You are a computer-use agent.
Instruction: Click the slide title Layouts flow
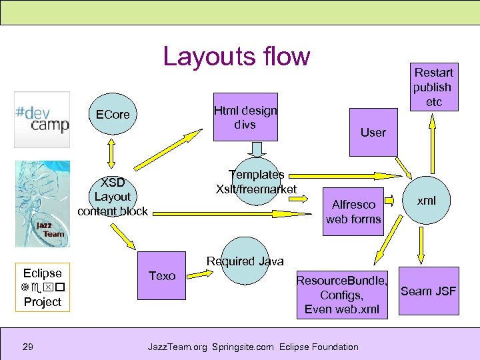[x=237, y=57]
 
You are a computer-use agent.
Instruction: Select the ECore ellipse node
[x=113, y=115]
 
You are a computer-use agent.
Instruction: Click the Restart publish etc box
[x=433, y=87]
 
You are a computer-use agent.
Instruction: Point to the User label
[x=373, y=133]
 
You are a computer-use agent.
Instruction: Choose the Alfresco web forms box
[x=353, y=212]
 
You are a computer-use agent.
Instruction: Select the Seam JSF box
[x=428, y=291]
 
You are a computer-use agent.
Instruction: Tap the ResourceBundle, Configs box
[x=341, y=295]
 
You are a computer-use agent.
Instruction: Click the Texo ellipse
[x=162, y=276]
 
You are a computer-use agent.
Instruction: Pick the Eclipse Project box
[x=42, y=287]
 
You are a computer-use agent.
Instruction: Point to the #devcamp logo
[x=42, y=119]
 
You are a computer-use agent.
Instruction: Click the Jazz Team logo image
[x=42, y=203]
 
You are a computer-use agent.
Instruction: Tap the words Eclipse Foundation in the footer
[x=319, y=347]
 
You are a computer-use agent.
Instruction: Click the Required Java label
[x=245, y=261]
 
